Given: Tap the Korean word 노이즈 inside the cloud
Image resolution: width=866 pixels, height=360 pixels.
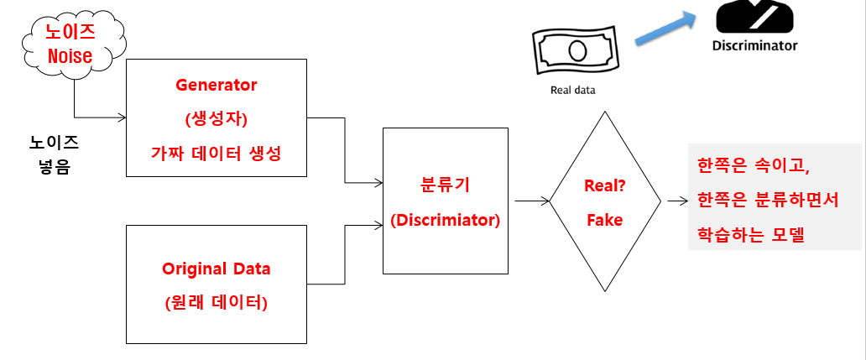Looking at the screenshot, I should tap(70, 34).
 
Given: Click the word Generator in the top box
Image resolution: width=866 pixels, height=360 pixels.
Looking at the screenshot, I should tap(216, 85).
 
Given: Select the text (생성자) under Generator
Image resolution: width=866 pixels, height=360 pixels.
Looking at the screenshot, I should tap(216, 118).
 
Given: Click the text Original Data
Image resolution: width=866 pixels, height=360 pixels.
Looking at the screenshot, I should tap(216, 269).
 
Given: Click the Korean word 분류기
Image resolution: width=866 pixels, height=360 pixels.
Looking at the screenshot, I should tap(445, 187).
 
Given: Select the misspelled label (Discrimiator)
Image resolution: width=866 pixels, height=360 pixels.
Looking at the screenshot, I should tap(445, 221).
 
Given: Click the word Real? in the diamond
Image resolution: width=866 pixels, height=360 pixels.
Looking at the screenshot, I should tap(604, 187).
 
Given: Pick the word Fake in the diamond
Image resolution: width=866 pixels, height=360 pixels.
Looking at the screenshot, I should tap(604, 220).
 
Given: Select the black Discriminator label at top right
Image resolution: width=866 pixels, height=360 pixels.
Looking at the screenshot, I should tap(754, 46).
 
